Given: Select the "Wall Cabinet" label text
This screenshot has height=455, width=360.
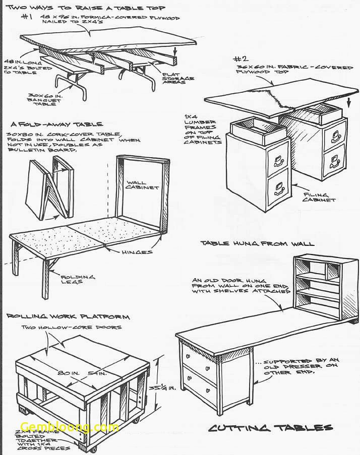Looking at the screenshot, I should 142,185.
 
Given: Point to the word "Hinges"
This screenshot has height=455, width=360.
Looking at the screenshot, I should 137,252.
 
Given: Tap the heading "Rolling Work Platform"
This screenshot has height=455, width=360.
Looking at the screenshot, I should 68,317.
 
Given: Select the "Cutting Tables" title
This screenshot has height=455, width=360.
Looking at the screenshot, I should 271,428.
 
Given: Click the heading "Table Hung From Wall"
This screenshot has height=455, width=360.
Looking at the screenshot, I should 257,243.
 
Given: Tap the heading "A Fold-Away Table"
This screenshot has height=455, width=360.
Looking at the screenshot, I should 56,124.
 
